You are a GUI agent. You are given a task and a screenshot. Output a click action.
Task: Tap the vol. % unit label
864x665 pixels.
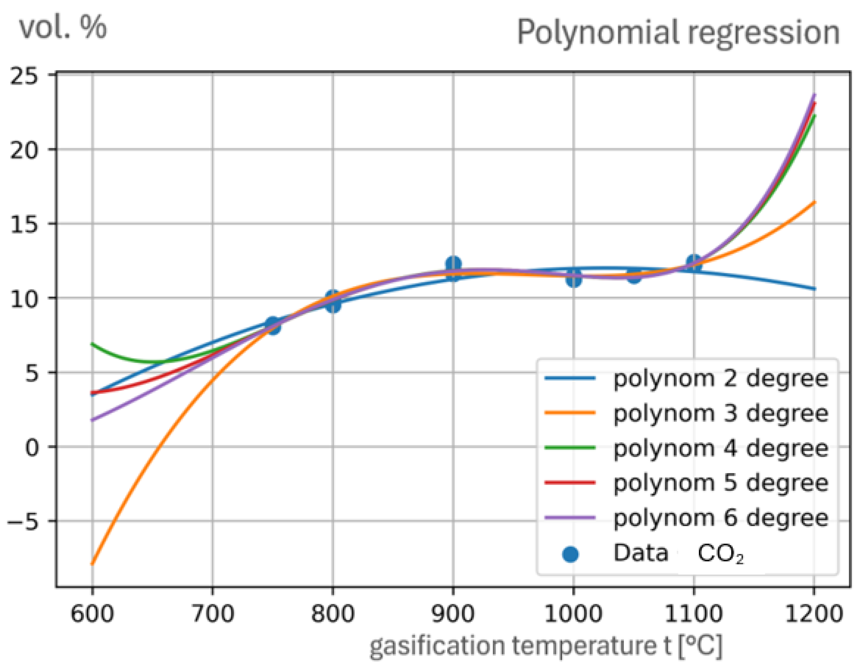coord(63,28)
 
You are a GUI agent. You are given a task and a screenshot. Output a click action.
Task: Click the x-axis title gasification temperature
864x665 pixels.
coord(546,646)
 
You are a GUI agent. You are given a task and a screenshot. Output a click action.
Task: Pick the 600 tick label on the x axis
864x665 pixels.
coord(92,615)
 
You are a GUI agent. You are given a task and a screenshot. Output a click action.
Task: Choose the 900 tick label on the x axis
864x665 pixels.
coord(453,615)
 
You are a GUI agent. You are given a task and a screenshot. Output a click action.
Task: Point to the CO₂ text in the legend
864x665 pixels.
coord(720,554)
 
